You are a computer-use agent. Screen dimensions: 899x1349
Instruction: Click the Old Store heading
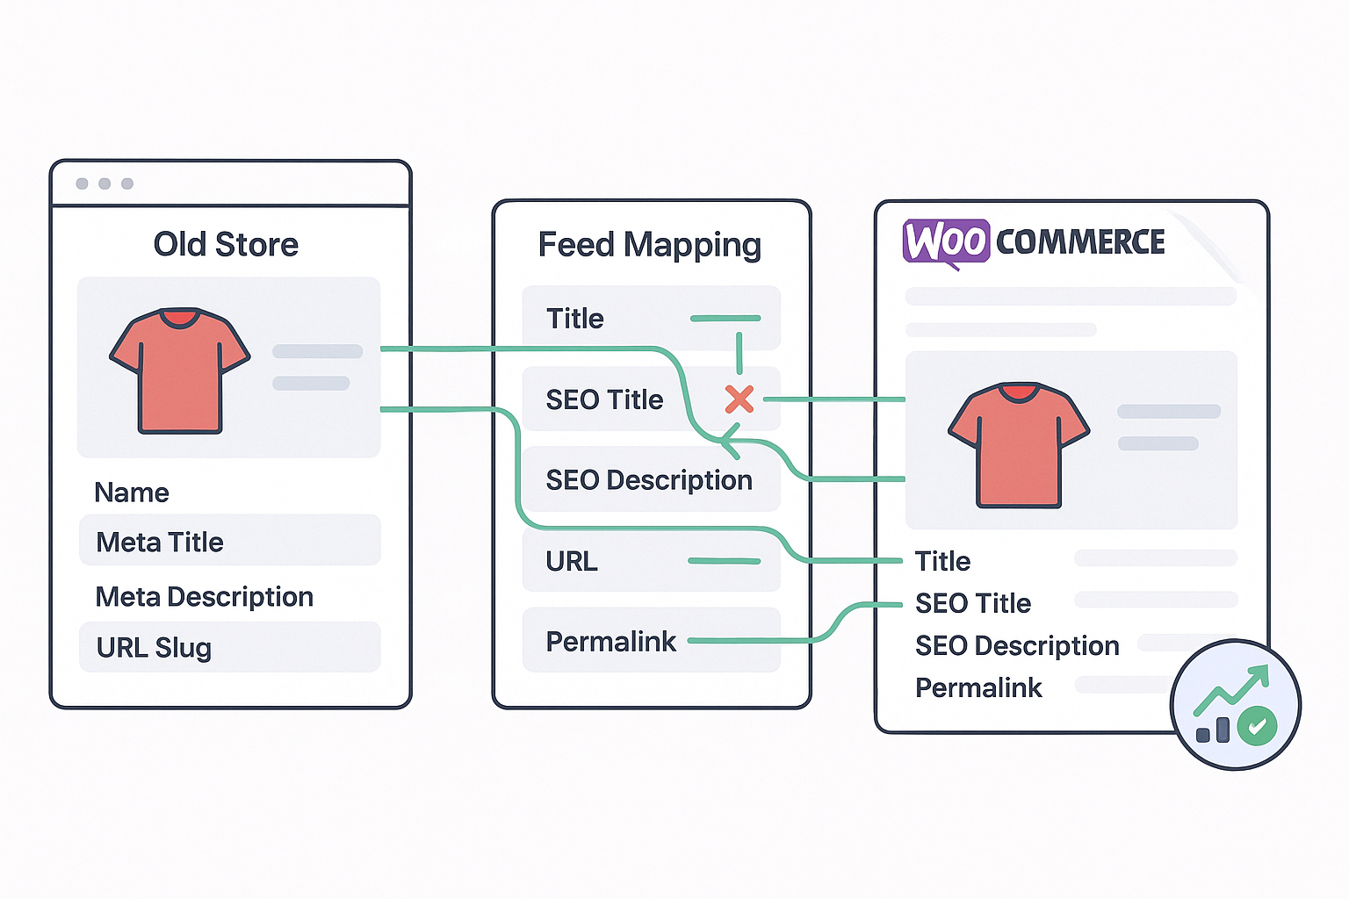[x=226, y=244]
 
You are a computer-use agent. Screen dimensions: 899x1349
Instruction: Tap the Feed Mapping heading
[x=649, y=245]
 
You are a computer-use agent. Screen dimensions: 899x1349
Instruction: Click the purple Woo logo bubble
[x=946, y=241]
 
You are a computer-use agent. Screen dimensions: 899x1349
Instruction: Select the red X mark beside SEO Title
[x=739, y=399]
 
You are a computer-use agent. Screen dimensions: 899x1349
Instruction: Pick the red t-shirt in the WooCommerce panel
[x=1019, y=444]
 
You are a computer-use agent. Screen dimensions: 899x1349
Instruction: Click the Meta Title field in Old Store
[x=229, y=542]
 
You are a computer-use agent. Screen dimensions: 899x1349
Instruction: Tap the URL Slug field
[x=229, y=648]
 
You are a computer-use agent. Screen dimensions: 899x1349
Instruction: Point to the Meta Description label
[x=204, y=597]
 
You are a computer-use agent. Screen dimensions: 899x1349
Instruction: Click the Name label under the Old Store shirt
[x=132, y=493]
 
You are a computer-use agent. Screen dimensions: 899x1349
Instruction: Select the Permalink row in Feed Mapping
[x=651, y=641]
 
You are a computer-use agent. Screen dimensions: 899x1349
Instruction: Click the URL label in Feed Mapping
[x=572, y=561]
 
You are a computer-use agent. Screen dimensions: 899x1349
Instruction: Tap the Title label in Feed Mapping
[x=575, y=319]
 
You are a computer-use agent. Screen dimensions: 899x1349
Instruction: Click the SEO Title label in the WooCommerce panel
[x=973, y=603]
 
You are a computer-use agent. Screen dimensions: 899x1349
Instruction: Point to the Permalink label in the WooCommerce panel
[x=978, y=687]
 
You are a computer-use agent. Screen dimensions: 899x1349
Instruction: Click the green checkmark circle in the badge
[x=1257, y=725]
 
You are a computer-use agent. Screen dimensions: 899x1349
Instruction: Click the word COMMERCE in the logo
[x=1080, y=242]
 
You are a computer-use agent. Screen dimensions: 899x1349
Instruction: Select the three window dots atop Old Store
[x=105, y=183]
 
